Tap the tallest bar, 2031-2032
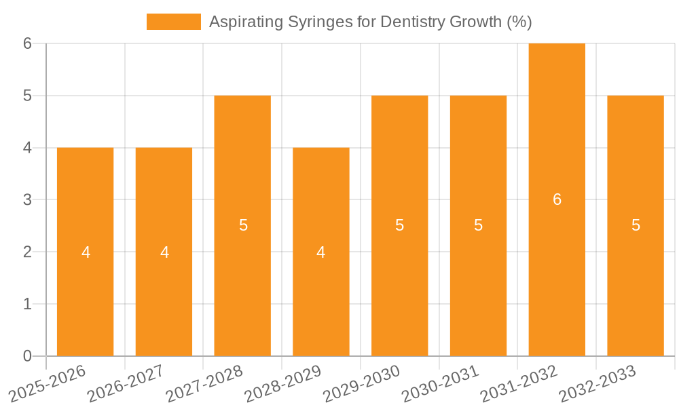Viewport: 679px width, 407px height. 557,271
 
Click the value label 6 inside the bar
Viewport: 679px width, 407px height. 557,199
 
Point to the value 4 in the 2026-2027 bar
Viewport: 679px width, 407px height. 164,252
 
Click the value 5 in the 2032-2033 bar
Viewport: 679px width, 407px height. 636,225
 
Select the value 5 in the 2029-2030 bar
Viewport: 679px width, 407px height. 399,225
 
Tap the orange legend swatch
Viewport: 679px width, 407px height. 173,22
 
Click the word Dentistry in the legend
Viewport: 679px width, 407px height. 413,22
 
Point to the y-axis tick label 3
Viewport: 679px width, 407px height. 27,199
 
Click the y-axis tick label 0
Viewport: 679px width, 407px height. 27,356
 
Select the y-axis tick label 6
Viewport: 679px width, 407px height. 27,43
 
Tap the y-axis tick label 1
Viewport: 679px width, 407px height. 27,304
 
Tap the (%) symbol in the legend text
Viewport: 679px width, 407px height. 519,22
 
